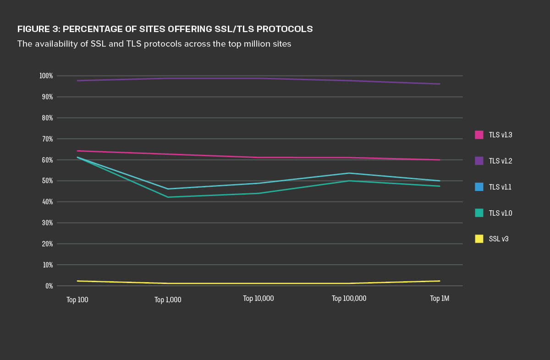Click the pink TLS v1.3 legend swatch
[x=479, y=135]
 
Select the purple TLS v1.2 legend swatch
[x=479, y=161]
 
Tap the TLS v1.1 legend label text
[x=500, y=187]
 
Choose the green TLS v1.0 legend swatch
[x=479, y=213]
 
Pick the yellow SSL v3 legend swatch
[x=479, y=239]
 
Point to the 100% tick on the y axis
[x=46, y=76]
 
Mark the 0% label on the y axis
[x=49, y=286]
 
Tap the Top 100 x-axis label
[x=77, y=300]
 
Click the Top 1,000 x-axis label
[x=168, y=300]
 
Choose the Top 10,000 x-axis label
[x=258, y=299]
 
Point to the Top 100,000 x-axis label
[x=349, y=299]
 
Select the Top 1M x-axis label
[x=440, y=299]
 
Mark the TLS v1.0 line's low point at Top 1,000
[x=168, y=197]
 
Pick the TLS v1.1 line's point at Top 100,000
[x=349, y=173]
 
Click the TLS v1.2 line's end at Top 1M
[x=440, y=84]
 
